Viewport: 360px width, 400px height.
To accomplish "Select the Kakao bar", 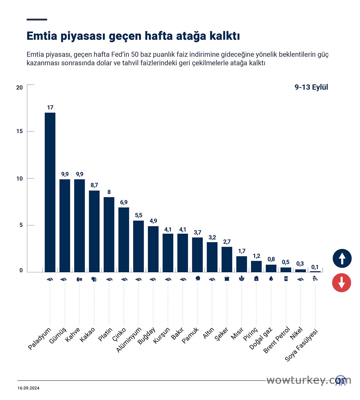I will pyautogui.click(x=94, y=231).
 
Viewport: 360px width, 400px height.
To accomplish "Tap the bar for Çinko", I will pyautogui.click(x=124, y=240).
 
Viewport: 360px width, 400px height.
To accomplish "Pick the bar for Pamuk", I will pyautogui.click(x=197, y=255).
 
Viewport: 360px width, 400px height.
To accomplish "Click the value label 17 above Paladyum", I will pyautogui.click(x=50, y=108).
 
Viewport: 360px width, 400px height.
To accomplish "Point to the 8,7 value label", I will pyautogui.click(x=94, y=185).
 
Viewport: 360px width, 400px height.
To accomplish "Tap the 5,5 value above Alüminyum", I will pyautogui.click(x=139, y=215).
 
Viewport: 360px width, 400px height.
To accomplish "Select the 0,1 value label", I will pyautogui.click(x=315, y=267).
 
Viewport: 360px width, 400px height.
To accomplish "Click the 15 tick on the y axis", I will pyautogui.click(x=20, y=131).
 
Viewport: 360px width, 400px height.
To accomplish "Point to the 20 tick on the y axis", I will pyautogui.click(x=20, y=87).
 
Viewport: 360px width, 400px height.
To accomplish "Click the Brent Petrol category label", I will pyautogui.click(x=277, y=340).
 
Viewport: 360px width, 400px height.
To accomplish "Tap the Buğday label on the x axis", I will pyautogui.click(x=147, y=336).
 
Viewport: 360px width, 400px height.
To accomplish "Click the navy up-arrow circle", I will pyautogui.click(x=342, y=259).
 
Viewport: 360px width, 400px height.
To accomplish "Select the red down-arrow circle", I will pyautogui.click(x=342, y=283).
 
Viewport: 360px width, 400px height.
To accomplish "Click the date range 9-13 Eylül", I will pyautogui.click(x=311, y=87).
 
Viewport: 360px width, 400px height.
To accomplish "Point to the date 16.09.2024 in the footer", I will pyautogui.click(x=28, y=388).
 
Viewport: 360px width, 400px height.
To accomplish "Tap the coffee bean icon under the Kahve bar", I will pyautogui.click(x=79, y=279).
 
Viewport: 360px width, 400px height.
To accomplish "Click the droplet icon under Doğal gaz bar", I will pyautogui.click(x=271, y=279).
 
